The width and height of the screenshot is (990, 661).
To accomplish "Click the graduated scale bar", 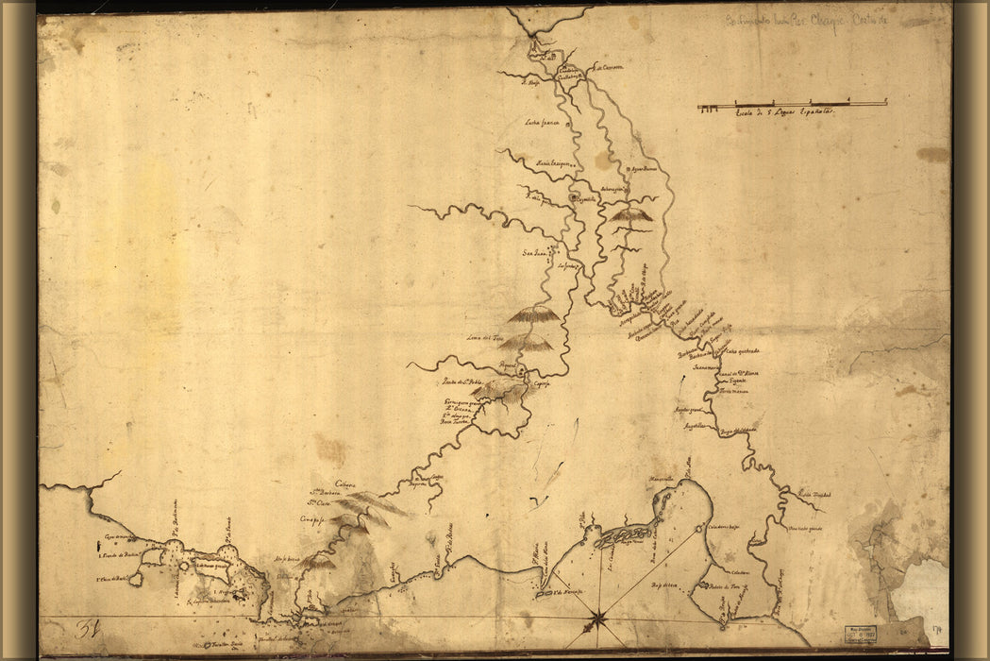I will pos(792,104).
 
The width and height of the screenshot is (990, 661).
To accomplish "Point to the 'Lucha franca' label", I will pos(544,123).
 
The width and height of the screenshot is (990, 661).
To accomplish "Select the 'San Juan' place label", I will pos(535,252).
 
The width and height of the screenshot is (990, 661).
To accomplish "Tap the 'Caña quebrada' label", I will pos(743,351).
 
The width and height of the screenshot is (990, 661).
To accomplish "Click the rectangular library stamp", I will pos(859,634).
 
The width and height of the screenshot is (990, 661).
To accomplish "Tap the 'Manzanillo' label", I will pos(661,478).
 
